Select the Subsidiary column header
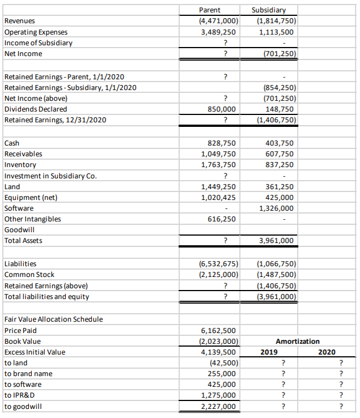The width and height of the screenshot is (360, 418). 271,10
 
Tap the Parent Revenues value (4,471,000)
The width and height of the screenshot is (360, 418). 214,21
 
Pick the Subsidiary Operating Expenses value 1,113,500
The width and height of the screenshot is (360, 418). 276,32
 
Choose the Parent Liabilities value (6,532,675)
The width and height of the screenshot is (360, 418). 214,263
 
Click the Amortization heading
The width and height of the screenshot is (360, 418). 297,341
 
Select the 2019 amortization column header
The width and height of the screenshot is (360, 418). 269,352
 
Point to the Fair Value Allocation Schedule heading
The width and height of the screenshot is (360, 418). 53,319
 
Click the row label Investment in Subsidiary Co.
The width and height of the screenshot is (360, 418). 50,176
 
